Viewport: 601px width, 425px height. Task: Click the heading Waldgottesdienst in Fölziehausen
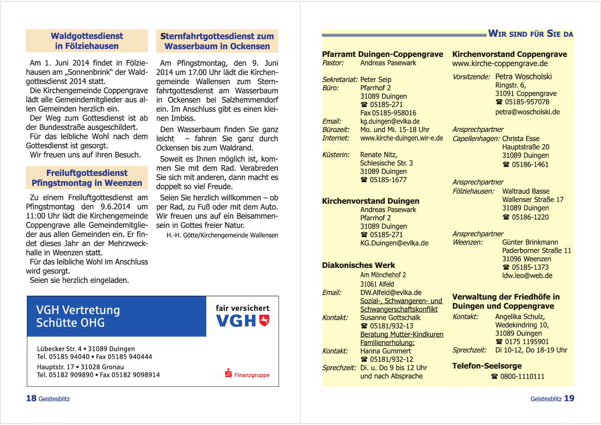click(x=87, y=41)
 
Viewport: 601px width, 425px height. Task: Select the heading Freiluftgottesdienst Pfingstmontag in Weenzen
click(x=87, y=178)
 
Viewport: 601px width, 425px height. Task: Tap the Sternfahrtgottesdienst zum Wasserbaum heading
click(x=217, y=41)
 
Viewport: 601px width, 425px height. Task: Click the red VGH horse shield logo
click(x=265, y=320)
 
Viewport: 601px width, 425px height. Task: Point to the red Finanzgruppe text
click(x=252, y=375)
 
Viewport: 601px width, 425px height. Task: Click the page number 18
click(x=31, y=398)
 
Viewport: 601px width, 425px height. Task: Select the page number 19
click(x=569, y=398)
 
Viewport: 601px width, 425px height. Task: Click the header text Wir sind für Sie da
click(x=531, y=34)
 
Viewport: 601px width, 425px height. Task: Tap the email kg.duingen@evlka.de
click(x=390, y=121)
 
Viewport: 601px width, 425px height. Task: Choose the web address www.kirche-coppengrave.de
click(x=500, y=63)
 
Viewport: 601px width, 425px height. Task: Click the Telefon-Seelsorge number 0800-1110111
click(x=522, y=377)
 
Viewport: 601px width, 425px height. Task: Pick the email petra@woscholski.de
click(x=527, y=112)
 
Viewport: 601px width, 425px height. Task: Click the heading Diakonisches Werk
click(x=358, y=265)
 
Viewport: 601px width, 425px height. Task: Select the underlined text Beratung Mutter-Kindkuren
click(x=402, y=334)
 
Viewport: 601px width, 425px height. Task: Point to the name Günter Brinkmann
click(x=530, y=242)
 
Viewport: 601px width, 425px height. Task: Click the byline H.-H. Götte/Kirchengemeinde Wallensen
click(x=222, y=235)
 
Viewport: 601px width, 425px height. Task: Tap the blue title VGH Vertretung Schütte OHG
click(x=78, y=316)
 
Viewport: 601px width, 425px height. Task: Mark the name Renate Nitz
click(x=379, y=155)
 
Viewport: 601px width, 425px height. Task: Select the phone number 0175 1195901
click(x=527, y=342)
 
